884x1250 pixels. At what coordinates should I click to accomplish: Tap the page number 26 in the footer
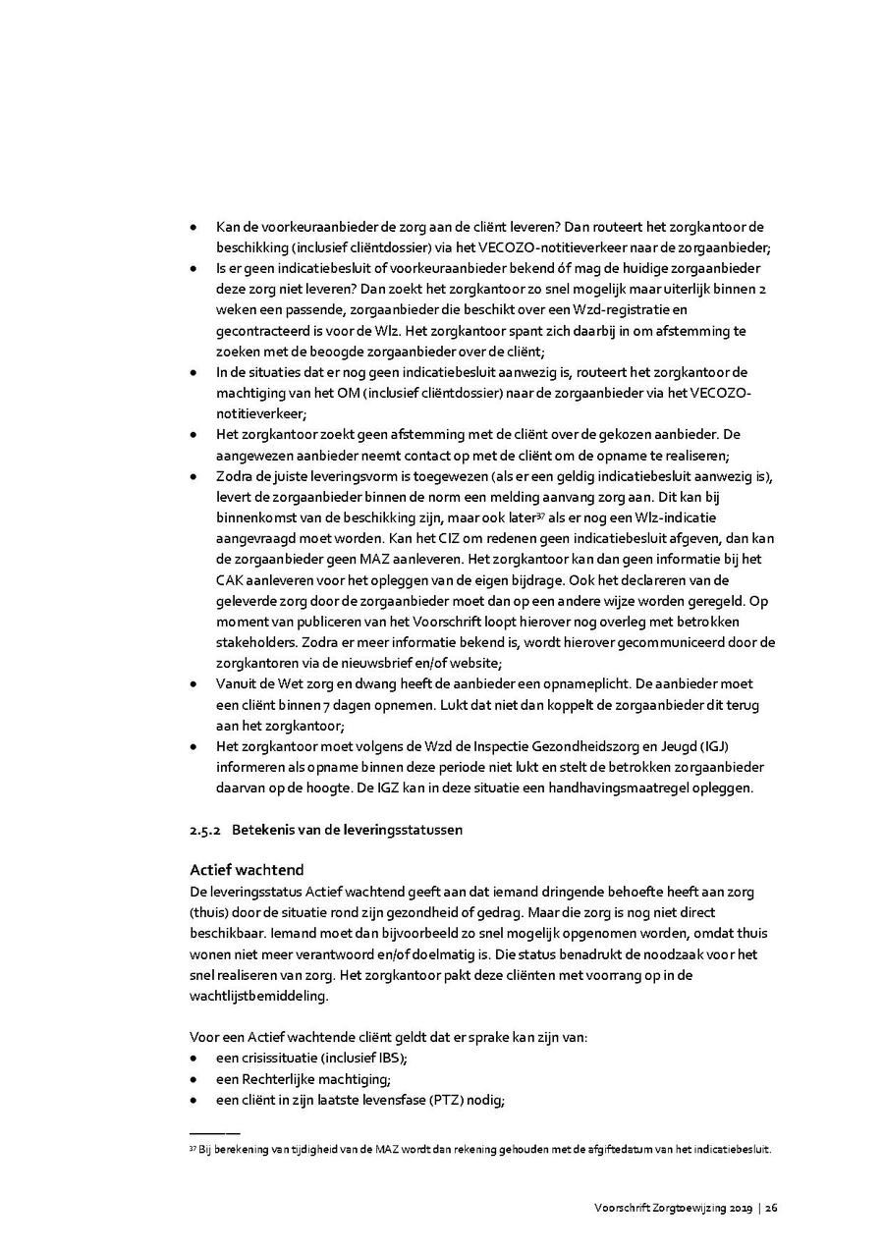tap(772, 1207)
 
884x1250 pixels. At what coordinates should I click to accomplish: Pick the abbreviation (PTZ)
tap(448, 1100)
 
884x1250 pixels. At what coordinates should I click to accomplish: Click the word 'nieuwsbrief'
tap(394, 663)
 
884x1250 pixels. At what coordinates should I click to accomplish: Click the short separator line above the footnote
tap(213, 1132)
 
